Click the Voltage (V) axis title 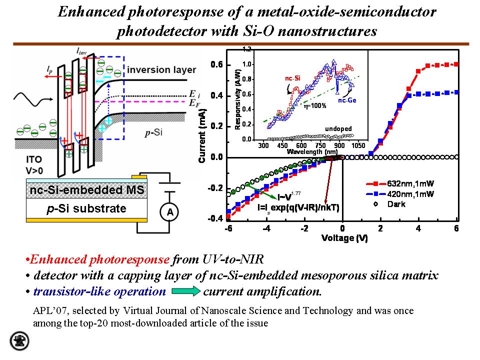point(344,238)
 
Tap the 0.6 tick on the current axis point(216,64)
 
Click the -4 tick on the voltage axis point(267,229)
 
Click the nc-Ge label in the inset point(346,100)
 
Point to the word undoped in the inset point(338,128)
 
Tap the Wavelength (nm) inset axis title point(308,151)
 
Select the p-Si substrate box point(86,208)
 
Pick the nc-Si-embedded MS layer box point(86,190)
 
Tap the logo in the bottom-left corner point(19,340)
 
